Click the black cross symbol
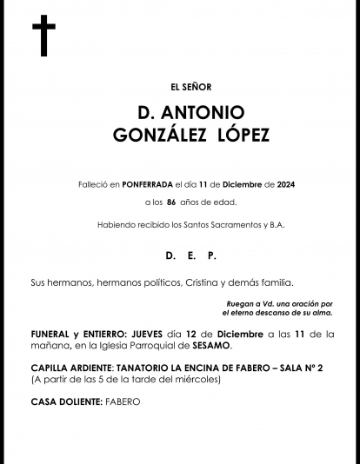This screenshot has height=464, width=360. pos(43,36)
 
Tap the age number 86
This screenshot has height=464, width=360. pos(171,202)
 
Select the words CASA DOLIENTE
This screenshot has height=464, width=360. pos(66,401)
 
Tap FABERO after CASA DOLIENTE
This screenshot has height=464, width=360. pos(123,401)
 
